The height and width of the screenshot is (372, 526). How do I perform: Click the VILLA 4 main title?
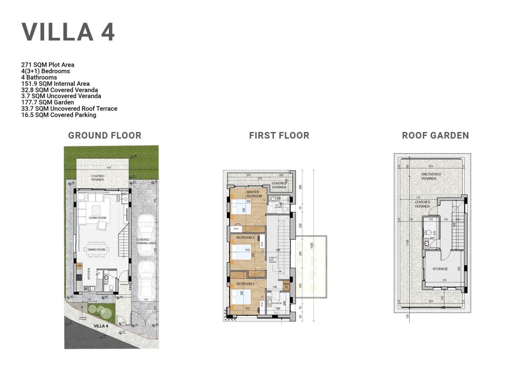pos(68,32)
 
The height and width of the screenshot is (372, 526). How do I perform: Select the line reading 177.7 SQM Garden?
pos(48,102)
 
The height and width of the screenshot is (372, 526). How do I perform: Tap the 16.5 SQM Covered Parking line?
pos(59,115)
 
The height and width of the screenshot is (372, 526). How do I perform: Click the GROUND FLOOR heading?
pos(105,136)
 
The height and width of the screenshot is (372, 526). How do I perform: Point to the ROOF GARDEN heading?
pos(435,136)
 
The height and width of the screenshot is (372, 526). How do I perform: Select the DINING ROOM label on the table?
pos(96,250)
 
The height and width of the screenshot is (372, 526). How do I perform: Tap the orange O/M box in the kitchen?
pos(79,266)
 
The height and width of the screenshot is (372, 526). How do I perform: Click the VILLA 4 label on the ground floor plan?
pos(101,326)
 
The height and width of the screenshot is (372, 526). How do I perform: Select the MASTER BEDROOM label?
pos(254,194)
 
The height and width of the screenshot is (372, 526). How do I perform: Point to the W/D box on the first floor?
pos(286,285)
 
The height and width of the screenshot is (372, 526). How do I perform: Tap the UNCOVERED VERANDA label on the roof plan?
pos(431,176)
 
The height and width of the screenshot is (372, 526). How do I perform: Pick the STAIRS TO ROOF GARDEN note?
pos(273,260)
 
